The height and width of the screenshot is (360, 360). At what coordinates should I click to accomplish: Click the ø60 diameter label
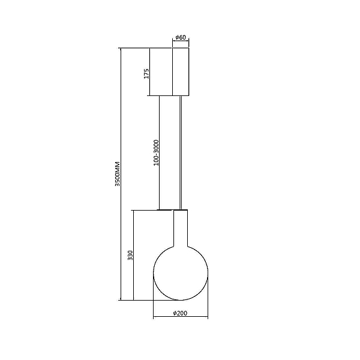(181, 37)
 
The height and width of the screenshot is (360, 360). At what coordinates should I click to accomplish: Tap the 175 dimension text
(146, 73)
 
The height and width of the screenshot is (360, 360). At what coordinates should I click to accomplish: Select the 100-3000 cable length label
(156, 152)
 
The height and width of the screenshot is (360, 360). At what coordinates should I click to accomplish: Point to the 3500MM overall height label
(118, 174)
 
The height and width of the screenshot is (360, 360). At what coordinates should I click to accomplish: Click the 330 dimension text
(130, 255)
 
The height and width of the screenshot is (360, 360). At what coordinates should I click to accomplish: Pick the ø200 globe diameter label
(180, 313)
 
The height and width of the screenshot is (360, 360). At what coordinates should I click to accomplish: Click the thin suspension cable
(181, 152)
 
